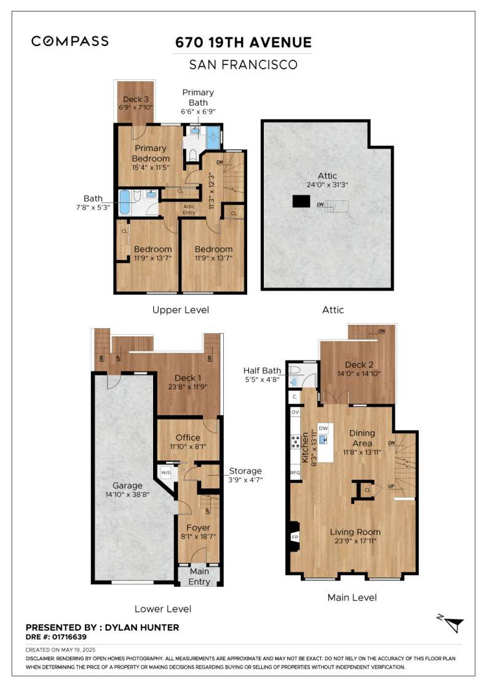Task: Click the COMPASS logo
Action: point(70,41)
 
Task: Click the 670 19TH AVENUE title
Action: point(244,42)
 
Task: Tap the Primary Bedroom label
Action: point(151,153)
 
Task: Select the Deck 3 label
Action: point(135,99)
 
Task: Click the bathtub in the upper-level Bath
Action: point(124,202)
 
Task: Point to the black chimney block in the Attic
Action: point(301,201)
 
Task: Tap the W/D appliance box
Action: point(165,473)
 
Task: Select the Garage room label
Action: point(128,485)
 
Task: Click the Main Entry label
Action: point(199,577)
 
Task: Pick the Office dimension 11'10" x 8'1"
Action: point(188,447)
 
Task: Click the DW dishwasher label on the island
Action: point(323,428)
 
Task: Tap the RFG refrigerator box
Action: point(295,473)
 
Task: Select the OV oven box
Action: point(295,412)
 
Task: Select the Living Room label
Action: point(355,532)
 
